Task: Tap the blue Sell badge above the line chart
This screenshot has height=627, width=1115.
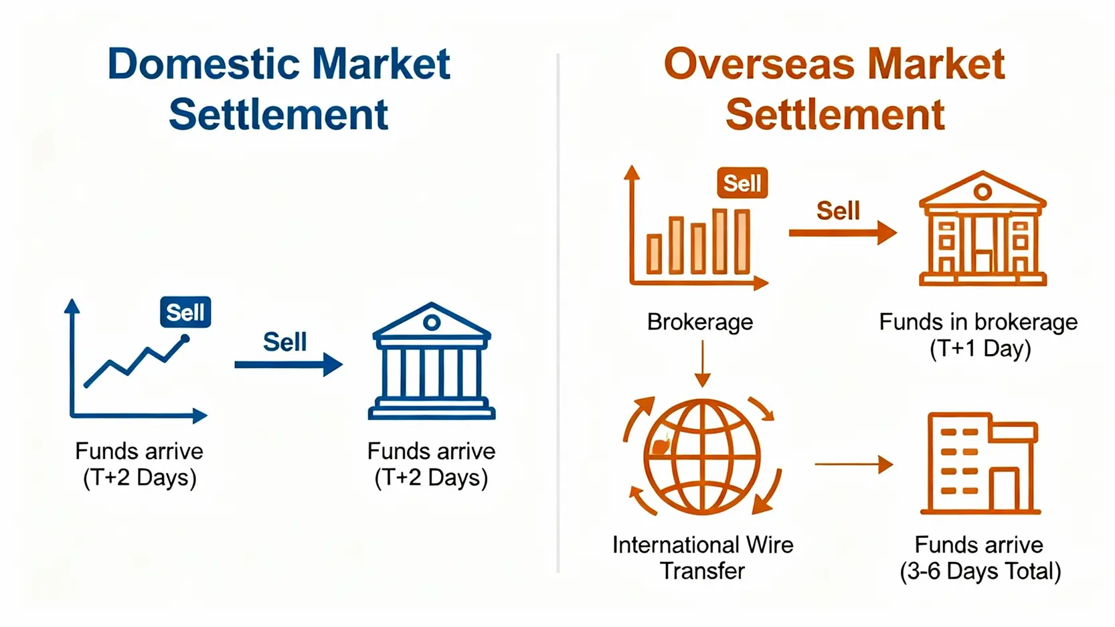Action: coord(185,312)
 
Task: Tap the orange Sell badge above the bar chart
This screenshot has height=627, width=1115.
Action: coord(742,183)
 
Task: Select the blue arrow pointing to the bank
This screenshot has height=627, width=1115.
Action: coord(288,365)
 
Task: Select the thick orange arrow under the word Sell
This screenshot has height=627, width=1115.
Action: coord(843,232)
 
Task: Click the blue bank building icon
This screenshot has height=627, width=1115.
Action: coord(432,361)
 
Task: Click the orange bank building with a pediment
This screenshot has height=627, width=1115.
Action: coord(982,228)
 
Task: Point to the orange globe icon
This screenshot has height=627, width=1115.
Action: coord(702,457)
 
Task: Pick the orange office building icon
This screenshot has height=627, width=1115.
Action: coord(980,463)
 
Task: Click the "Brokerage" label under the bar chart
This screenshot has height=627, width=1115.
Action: coord(700,322)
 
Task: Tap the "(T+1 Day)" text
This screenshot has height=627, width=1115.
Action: coord(980,349)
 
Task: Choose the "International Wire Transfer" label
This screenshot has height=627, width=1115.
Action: coord(702,557)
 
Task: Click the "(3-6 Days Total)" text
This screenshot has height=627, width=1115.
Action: coord(980,571)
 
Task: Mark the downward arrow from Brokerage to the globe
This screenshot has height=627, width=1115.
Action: coord(702,364)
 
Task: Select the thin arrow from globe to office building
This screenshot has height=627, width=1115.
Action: coord(854,464)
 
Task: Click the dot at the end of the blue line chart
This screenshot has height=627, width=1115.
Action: coord(185,339)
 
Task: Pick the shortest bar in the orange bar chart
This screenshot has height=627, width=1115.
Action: coord(654,254)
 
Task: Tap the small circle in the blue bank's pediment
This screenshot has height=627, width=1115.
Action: coord(432,323)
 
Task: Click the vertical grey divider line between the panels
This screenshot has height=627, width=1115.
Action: coord(558,313)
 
